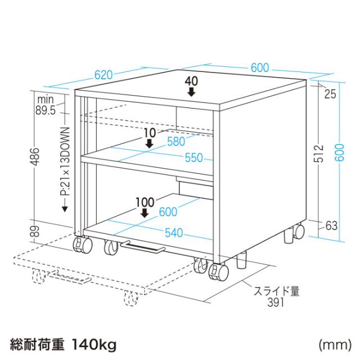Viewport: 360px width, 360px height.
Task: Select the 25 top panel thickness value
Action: click(x=330, y=94)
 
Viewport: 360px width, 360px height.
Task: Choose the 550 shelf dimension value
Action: click(x=192, y=158)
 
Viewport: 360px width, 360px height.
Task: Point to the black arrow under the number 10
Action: click(x=149, y=143)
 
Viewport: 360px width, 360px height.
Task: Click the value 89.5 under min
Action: click(x=45, y=111)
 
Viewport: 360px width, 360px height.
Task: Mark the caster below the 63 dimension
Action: click(x=296, y=231)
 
